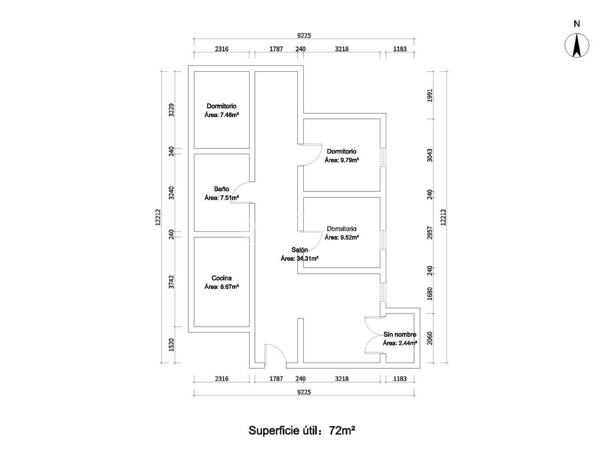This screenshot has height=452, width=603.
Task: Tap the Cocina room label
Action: pos(221,278)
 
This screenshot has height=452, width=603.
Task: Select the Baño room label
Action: pos(221,189)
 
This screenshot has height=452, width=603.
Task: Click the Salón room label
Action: pos(299,250)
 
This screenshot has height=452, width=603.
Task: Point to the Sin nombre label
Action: pos(400,334)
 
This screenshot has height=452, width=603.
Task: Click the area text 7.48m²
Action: pos(221,115)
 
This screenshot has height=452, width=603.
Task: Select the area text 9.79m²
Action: pos(342,160)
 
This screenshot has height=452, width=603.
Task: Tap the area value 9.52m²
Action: pos(342,238)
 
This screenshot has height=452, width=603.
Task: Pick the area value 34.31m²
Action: pos(299,258)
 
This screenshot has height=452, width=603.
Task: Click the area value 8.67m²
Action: pos(221,287)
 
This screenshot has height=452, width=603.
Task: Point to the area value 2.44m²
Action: pos(400,343)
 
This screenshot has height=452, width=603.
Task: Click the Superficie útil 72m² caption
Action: pos(301,430)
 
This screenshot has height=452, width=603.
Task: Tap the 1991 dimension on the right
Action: pos(430,95)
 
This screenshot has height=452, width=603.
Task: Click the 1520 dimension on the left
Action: pos(171,344)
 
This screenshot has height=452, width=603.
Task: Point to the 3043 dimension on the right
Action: pos(430,155)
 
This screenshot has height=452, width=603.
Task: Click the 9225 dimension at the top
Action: pos(304,35)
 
